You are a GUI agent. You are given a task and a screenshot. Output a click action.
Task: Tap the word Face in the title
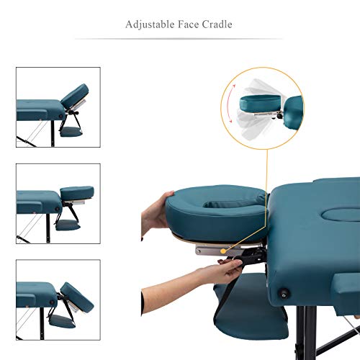189,24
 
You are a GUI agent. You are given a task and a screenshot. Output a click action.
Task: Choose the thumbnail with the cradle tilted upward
58,107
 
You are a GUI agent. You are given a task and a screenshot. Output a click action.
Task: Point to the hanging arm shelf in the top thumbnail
73,132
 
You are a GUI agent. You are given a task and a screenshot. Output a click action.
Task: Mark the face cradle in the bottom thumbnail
76,292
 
